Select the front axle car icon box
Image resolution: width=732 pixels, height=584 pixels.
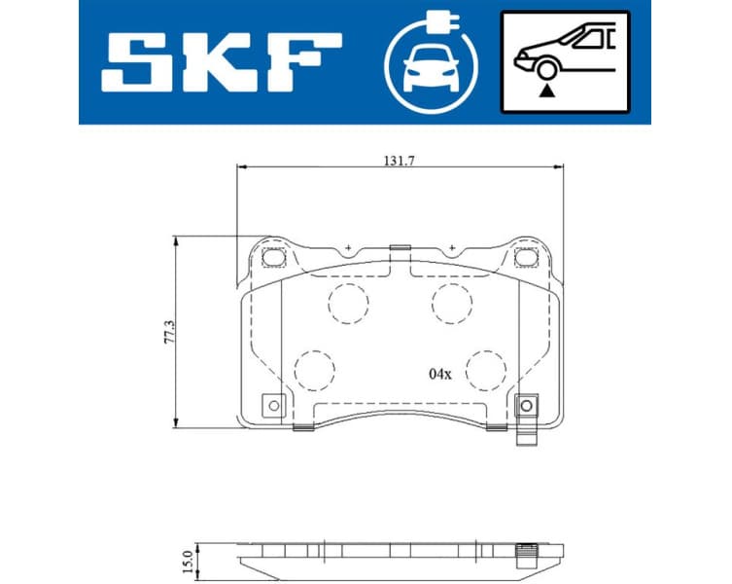[564, 61]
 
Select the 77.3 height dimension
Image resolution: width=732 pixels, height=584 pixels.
[166, 333]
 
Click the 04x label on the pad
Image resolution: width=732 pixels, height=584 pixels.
[440, 373]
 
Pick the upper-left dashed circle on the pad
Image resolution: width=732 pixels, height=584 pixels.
[349, 304]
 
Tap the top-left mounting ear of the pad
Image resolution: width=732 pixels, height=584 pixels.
[272, 258]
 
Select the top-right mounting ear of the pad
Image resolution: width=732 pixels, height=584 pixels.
[529, 258]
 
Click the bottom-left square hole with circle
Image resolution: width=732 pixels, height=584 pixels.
[273, 405]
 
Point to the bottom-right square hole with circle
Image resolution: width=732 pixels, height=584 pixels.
[528, 405]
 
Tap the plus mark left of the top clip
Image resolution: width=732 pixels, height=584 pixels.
[347, 249]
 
